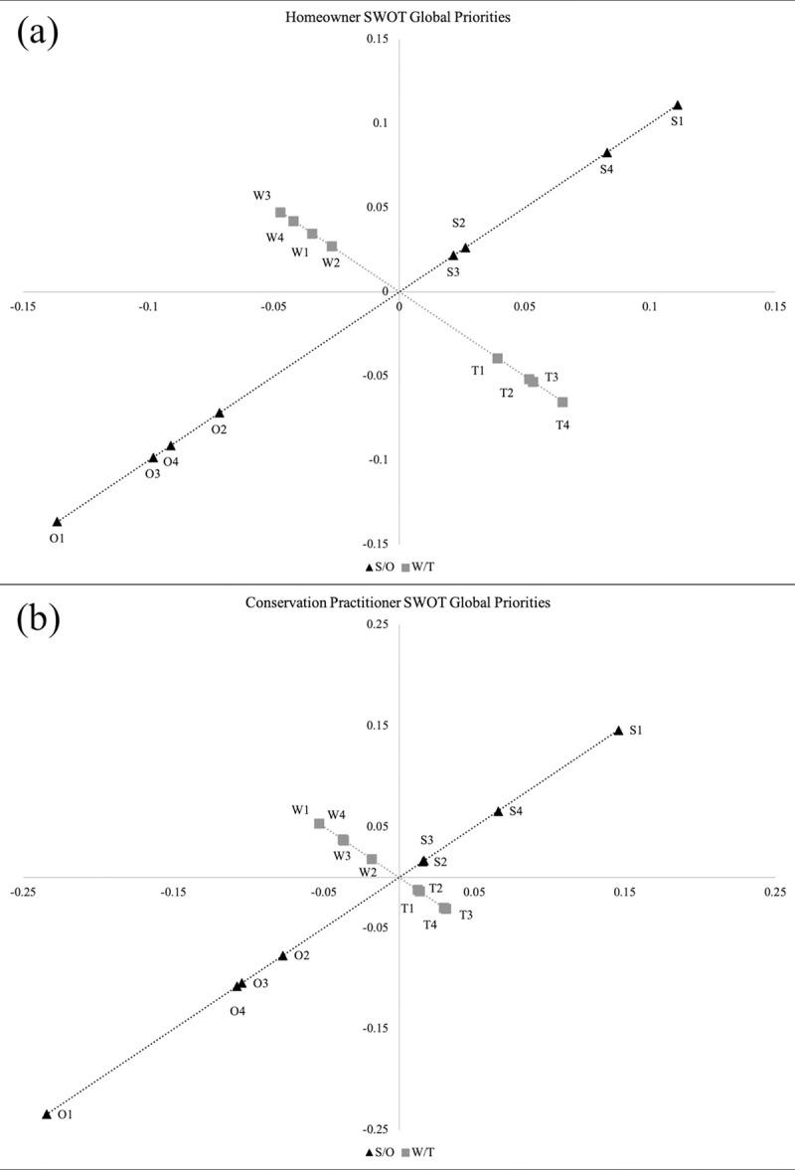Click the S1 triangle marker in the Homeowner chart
pyautogui.click(x=678, y=105)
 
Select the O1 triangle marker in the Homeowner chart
pyautogui.click(x=58, y=521)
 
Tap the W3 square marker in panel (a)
pyautogui.click(x=281, y=213)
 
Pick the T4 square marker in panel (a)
pyautogui.click(x=562, y=402)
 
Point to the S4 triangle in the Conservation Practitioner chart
pyautogui.click(x=498, y=811)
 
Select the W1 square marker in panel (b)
pyautogui.click(x=319, y=823)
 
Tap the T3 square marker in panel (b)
pyautogui.click(x=445, y=908)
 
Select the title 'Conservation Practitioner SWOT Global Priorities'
pyautogui.click(x=398, y=602)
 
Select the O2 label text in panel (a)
pyautogui.click(x=219, y=428)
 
